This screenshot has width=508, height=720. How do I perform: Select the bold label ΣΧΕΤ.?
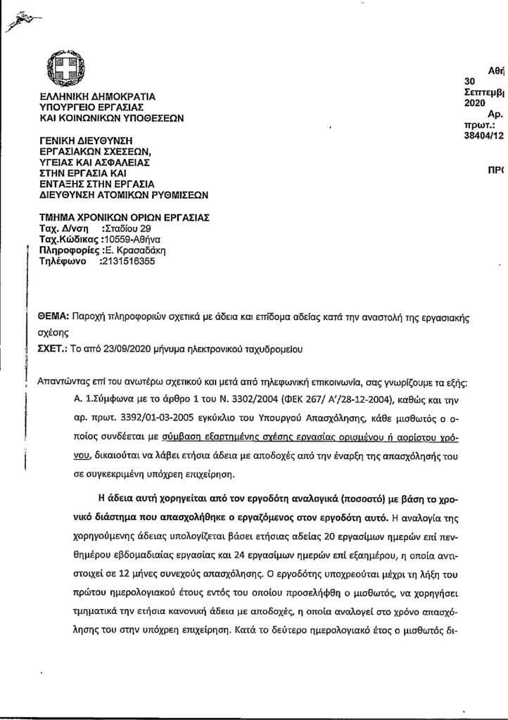click(x=53, y=347)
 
